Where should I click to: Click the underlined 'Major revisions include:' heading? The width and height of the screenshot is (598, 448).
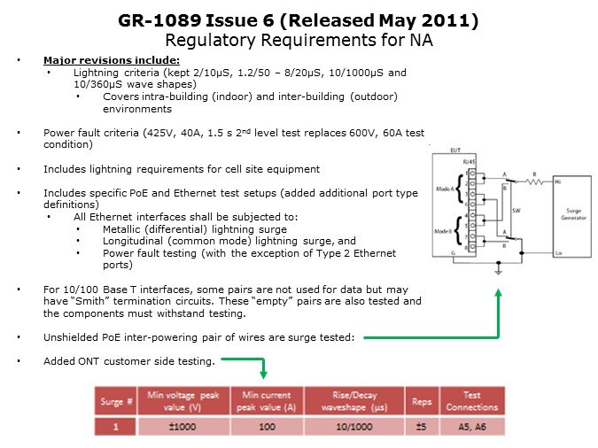pyautogui.click(x=98, y=59)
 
